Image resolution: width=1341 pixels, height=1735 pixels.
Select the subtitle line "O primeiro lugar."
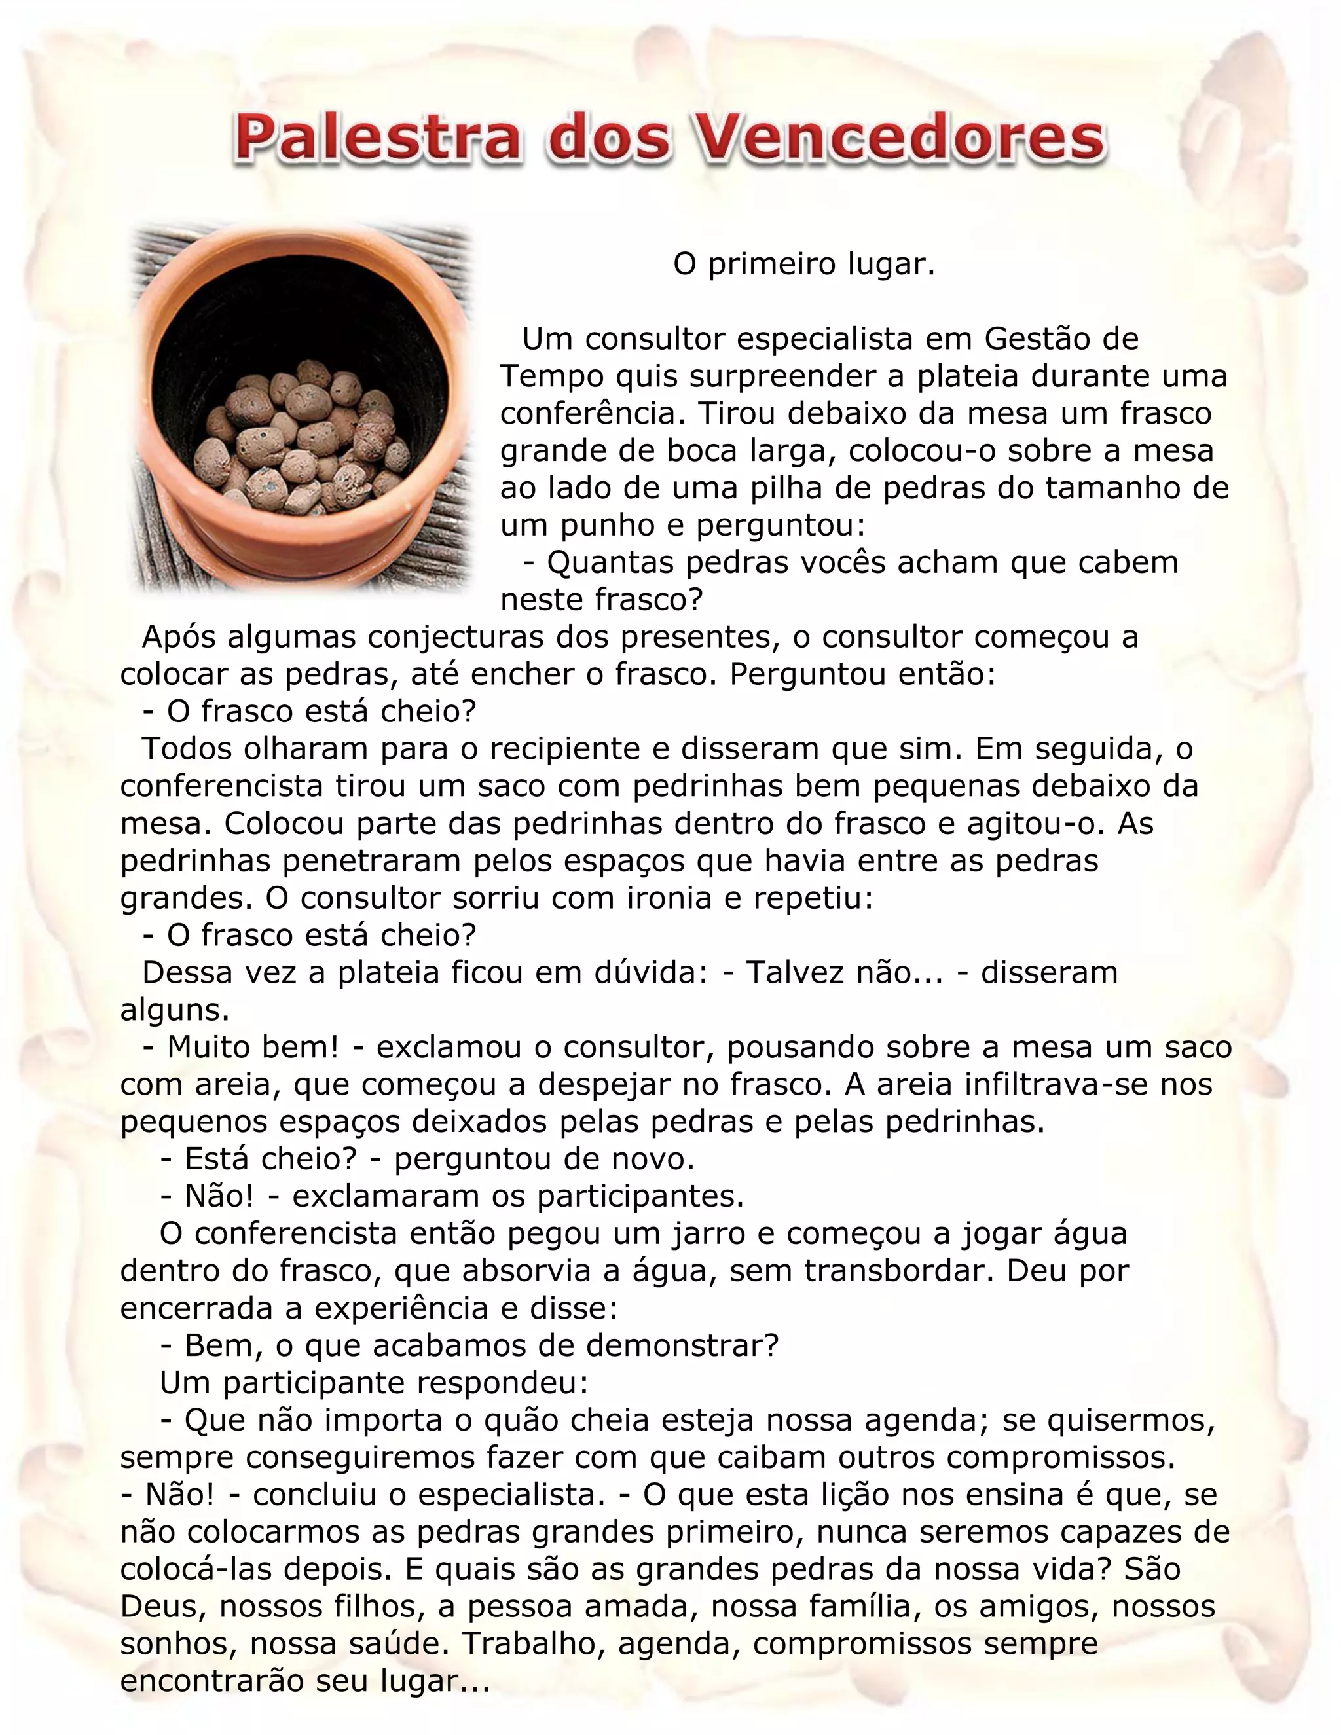804,264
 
